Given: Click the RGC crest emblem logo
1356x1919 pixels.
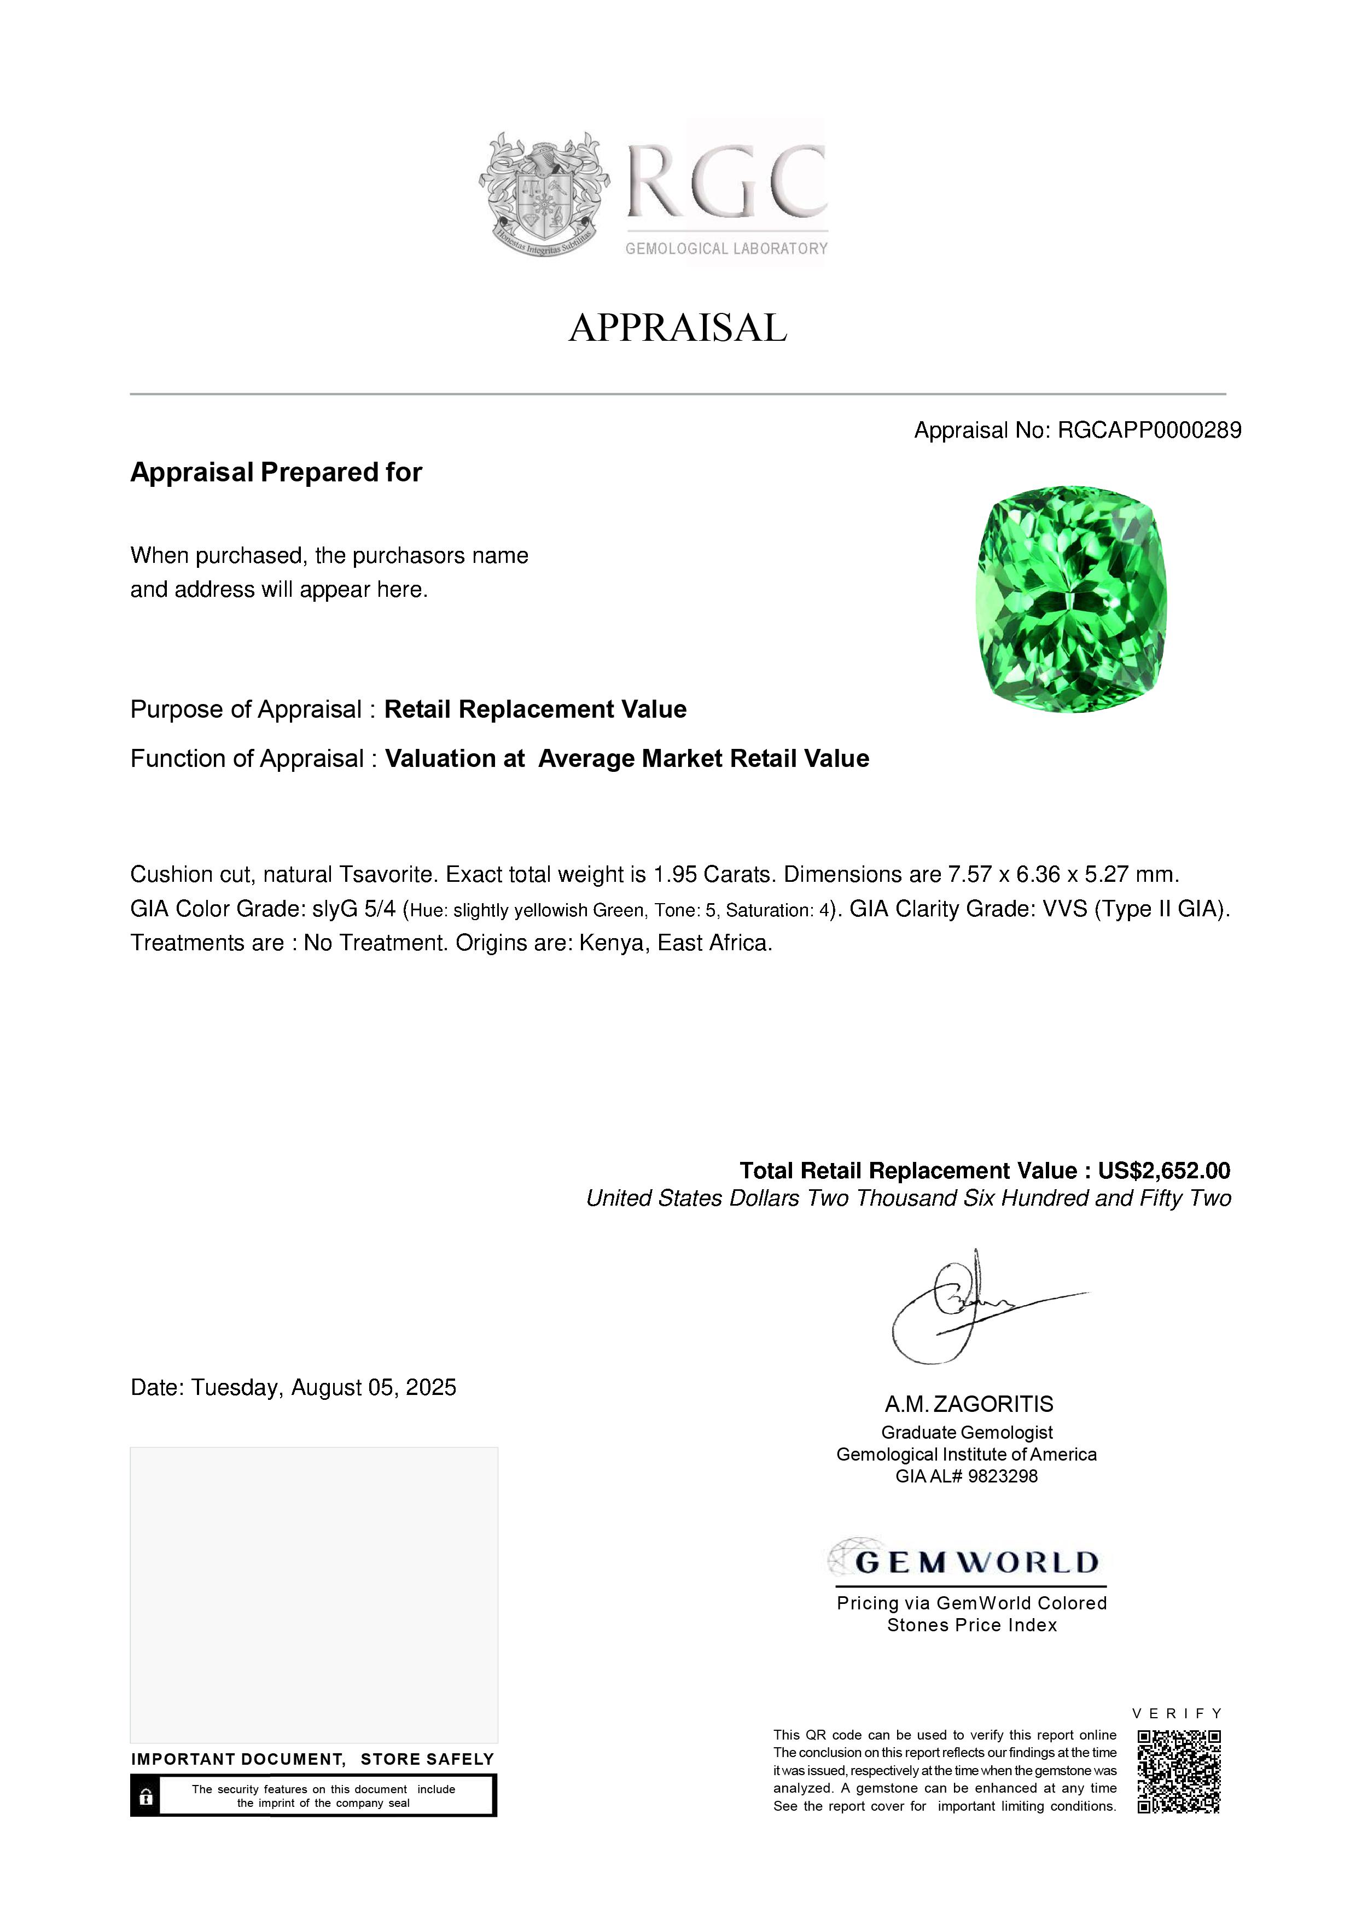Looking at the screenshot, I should (544, 194).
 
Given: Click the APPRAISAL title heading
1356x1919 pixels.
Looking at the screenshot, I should (678, 328).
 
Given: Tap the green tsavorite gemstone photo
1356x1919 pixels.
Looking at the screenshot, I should (1072, 599).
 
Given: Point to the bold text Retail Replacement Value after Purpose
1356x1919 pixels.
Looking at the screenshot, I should (535, 710).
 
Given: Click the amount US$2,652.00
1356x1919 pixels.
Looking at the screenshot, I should (1164, 1171).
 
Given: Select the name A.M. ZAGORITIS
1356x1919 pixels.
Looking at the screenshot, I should (969, 1404).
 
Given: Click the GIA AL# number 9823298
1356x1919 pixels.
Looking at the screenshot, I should (1003, 1477).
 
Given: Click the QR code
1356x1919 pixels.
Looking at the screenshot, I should (1179, 1771).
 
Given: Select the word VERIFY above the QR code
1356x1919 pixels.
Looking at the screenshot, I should (1177, 1713).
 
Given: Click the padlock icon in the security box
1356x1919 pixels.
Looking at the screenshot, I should (146, 1796).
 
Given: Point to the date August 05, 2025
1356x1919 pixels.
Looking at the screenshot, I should (377, 1388).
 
